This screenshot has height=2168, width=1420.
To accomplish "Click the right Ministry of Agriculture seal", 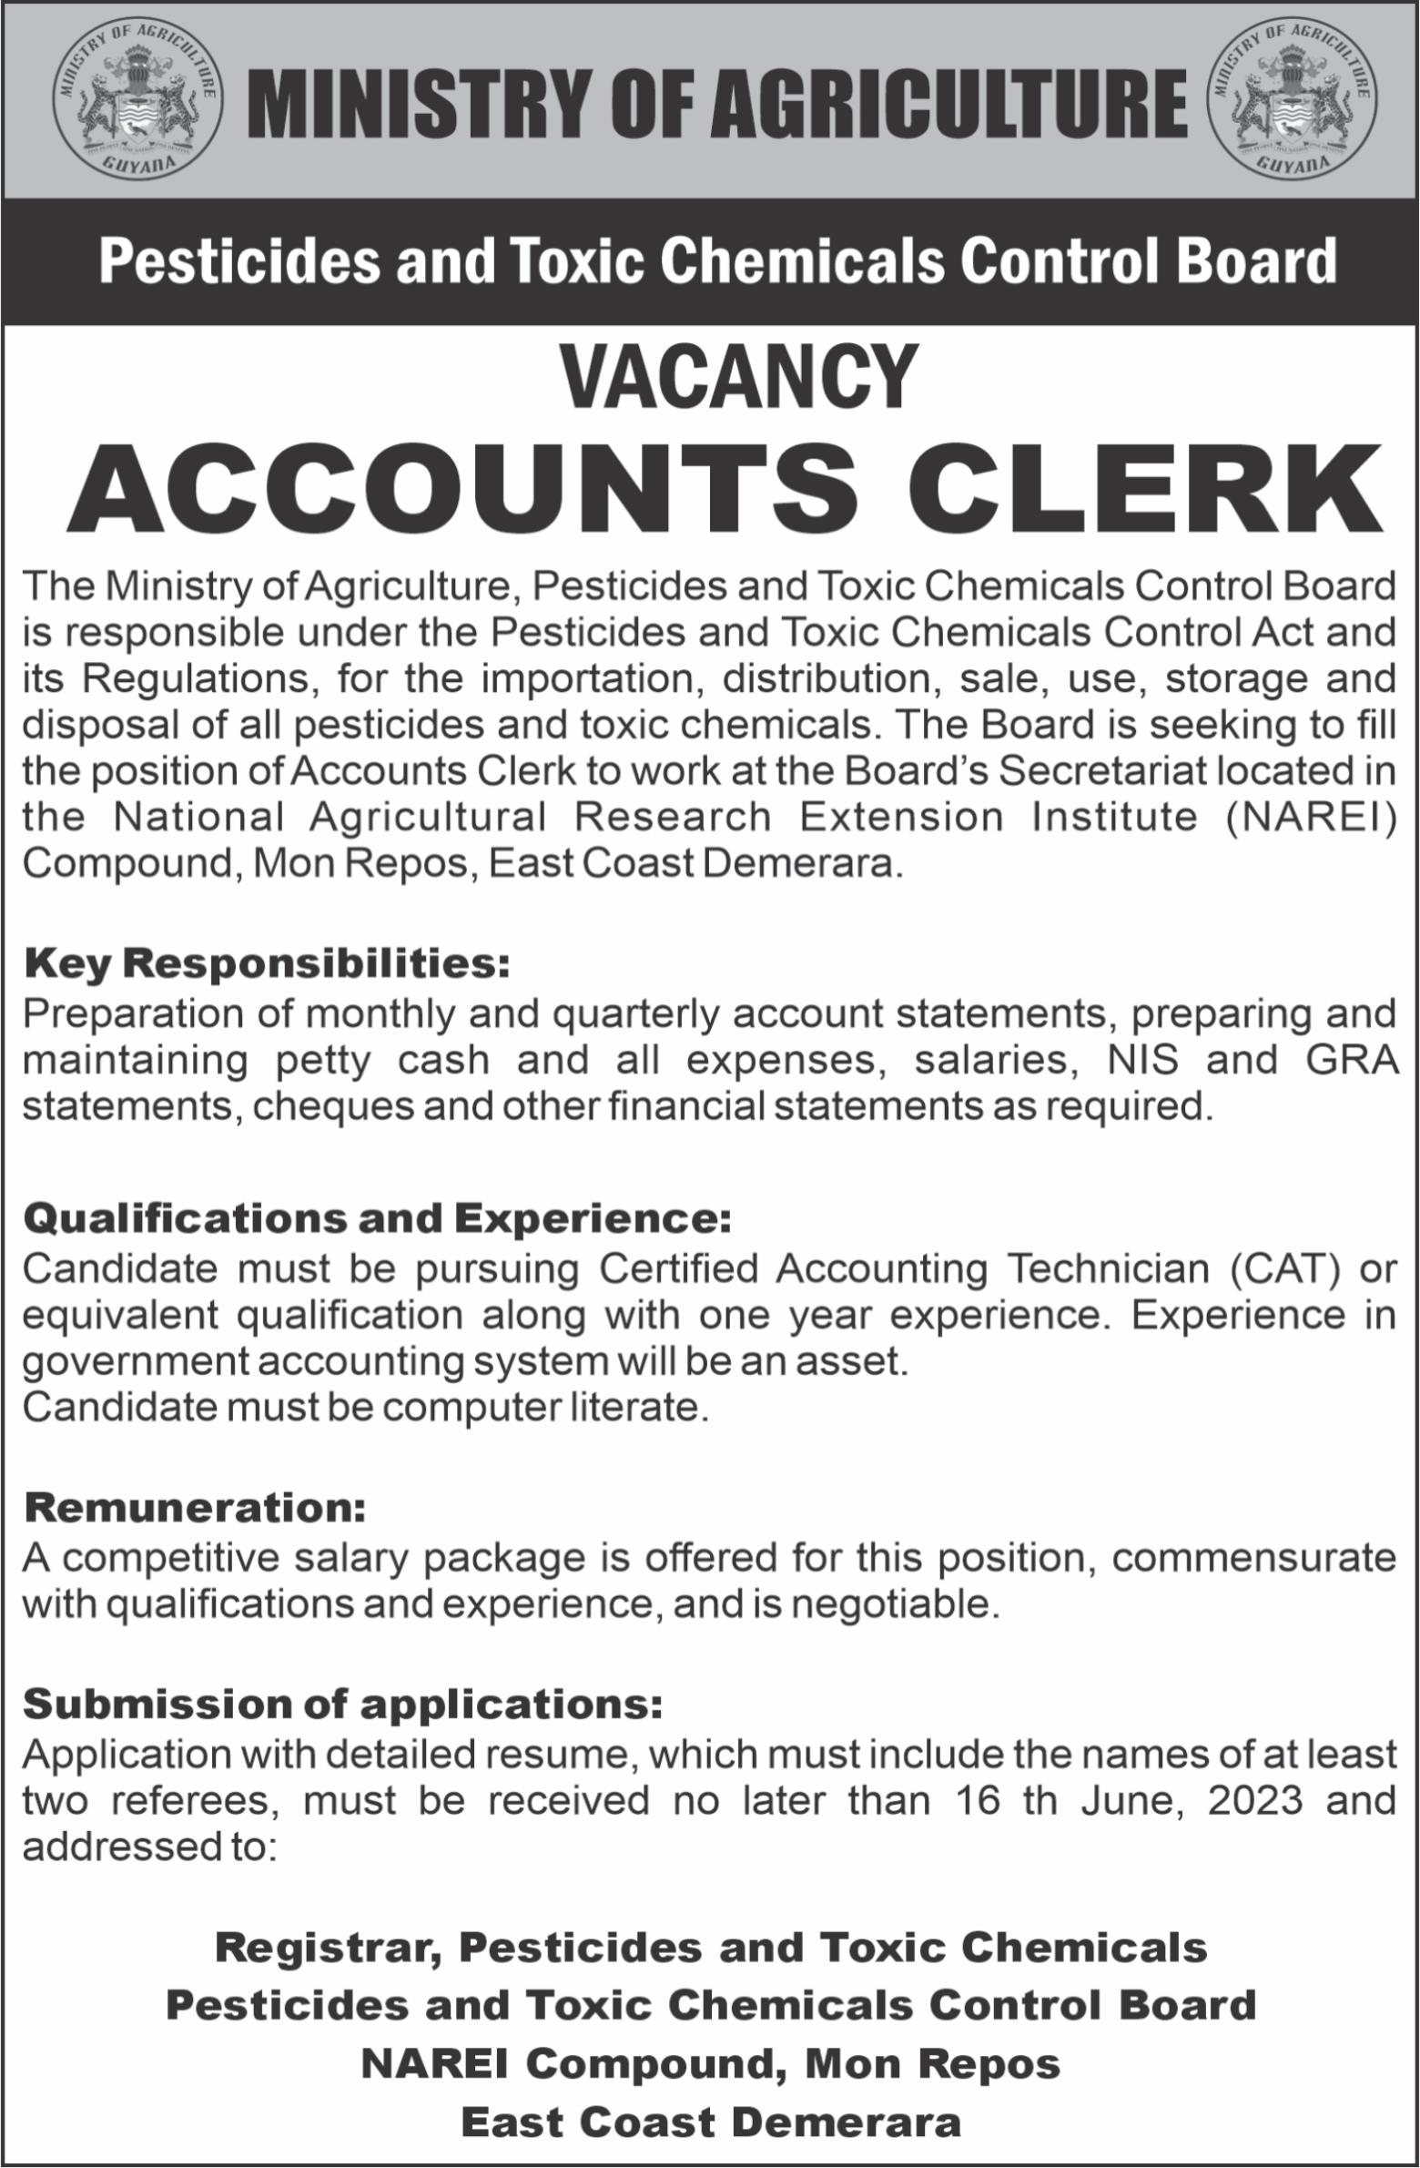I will pos(1292,100).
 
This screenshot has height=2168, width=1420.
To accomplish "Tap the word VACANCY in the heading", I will pos(739,376).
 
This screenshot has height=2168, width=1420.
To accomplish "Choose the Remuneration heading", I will pos(195,1509).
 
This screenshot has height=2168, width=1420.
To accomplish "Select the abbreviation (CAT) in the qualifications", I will pos(1284,1269).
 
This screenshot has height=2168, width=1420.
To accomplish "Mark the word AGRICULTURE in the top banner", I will pos(949,100).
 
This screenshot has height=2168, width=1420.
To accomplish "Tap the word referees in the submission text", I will pos(192,1800).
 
